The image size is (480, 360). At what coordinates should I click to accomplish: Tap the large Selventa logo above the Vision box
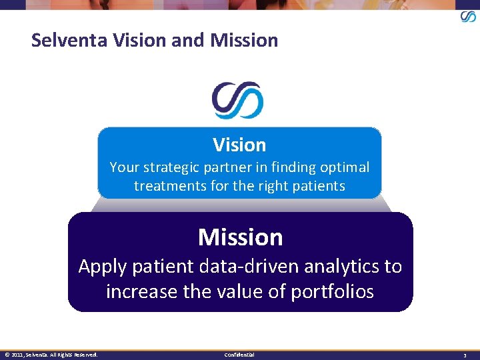(x=238, y=101)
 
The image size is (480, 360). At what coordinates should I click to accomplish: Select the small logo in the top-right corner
(x=468, y=16)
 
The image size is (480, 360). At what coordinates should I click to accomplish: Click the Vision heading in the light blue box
(x=239, y=145)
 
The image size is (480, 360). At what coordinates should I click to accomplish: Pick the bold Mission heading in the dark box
(x=240, y=237)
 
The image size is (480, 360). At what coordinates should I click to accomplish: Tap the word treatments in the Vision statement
(x=170, y=186)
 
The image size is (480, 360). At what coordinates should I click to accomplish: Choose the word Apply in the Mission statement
(x=102, y=267)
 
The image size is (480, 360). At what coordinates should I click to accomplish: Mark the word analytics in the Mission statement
(x=342, y=267)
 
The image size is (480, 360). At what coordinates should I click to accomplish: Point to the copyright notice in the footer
(x=51, y=355)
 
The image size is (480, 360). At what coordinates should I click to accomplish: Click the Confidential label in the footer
(x=239, y=355)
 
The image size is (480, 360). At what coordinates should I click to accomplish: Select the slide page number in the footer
(x=465, y=355)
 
